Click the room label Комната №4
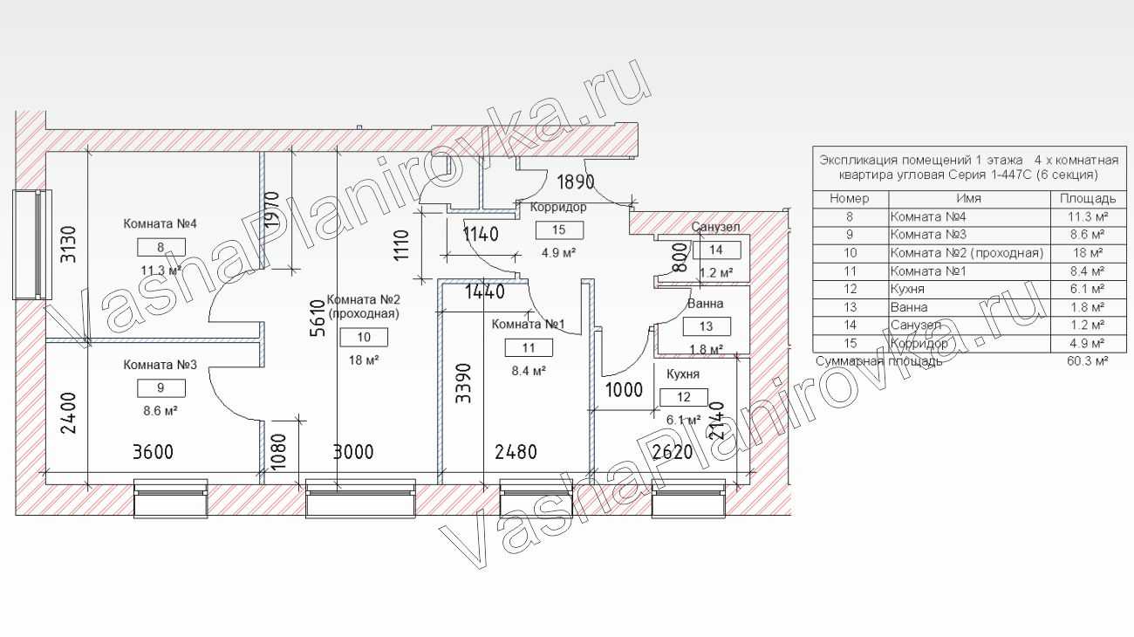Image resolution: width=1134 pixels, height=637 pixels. click(x=160, y=223)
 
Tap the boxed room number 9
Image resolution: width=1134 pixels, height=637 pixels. click(x=161, y=388)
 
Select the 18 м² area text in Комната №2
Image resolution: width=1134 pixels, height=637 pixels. click(x=364, y=360)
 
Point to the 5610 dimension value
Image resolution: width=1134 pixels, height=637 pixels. click(x=318, y=318)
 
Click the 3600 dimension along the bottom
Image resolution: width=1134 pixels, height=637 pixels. click(x=153, y=452)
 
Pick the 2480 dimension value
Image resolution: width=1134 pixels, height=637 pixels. click(x=516, y=452)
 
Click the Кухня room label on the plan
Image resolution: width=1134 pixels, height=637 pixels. click(x=683, y=374)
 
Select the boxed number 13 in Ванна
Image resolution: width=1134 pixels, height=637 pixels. click(x=707, y=326)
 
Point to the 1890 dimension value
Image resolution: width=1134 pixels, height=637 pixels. click(x=576, y=182)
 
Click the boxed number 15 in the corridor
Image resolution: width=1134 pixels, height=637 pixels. click(x=559, y=229)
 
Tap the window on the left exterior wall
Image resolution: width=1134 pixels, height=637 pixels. click(x=32, y=244)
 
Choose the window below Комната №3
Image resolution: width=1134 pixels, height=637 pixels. click(x=171, y=498)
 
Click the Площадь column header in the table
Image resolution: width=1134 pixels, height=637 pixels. click(x=1088, y=198)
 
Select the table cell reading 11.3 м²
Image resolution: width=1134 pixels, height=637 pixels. click(x=1088, y=216)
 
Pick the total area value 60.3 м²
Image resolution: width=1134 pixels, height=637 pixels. click(x=1088, y=361)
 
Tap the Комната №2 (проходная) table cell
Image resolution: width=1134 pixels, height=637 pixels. click(x=967, y=253)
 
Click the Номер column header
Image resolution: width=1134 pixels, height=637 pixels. click(x=850, y=198)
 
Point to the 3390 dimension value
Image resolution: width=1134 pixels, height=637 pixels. click(x=463, y=383)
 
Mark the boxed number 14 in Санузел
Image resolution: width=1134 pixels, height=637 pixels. click(x=716, y=250)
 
